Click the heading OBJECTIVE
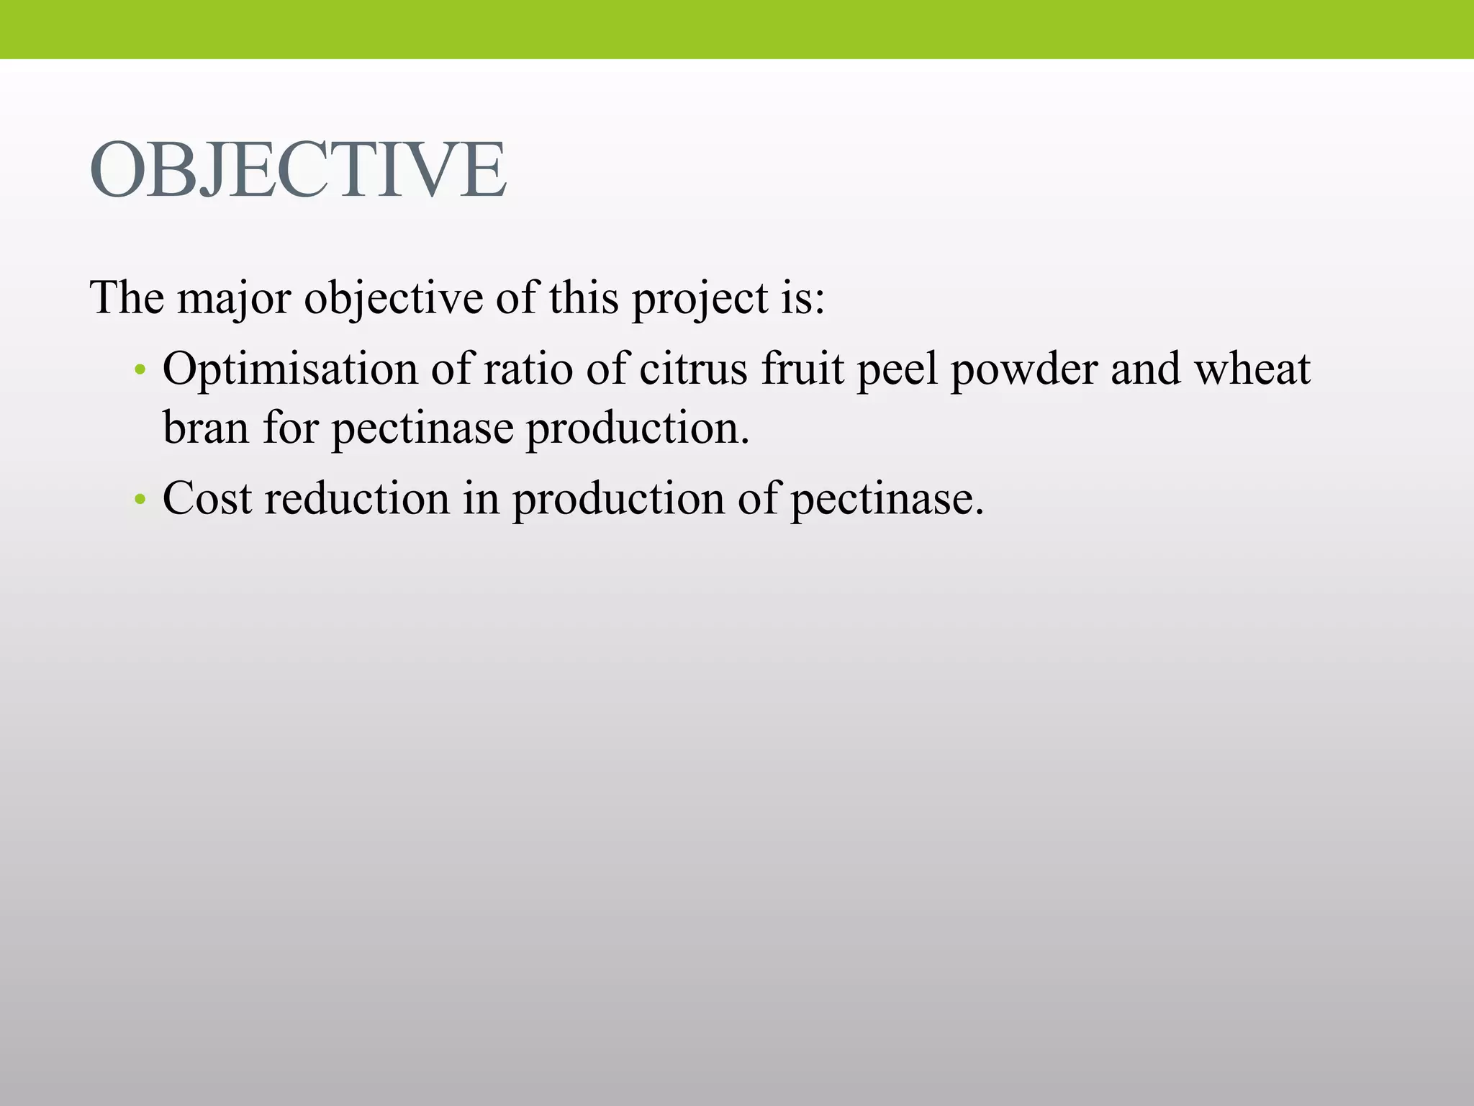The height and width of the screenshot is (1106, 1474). click(x=298, y=171)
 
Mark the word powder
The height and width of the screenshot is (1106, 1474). click(x=1023, y=369)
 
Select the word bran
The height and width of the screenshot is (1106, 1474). click(x=206, y=428)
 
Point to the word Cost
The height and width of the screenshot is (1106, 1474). click(x=207, y=498)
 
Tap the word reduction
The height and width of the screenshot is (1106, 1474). click(x=357, y=498)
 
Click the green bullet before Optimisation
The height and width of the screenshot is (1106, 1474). click(x=140, y=372)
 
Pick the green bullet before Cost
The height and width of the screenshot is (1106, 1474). click(x=140, y=500)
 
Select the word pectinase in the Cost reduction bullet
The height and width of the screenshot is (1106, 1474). click(x=887, y=498)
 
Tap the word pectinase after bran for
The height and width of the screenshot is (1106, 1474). click(x=422, y=428)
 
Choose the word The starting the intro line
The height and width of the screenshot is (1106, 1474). click(x=127, y=298)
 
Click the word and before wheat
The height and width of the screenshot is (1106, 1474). click(x=1145, y=369)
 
